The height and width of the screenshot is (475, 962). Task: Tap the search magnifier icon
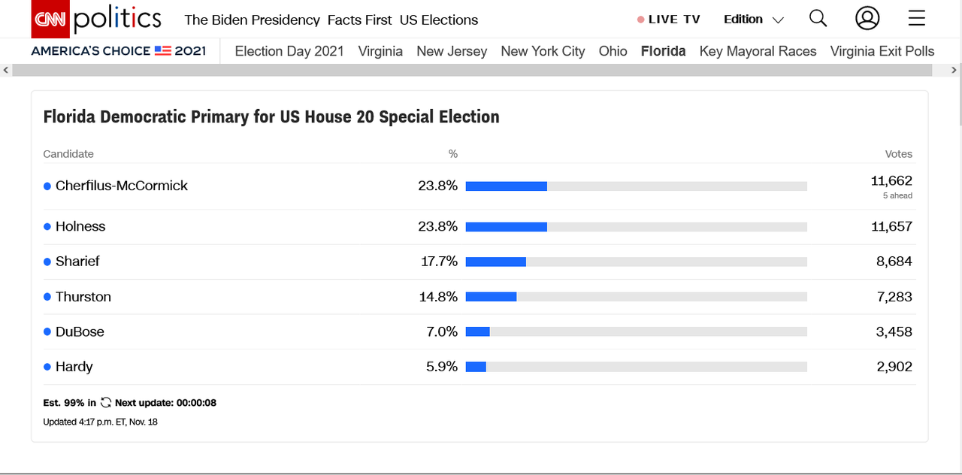tap(818, 19)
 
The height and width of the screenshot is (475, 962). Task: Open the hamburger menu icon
tap(916, 19)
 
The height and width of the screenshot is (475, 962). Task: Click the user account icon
tap(867, 19)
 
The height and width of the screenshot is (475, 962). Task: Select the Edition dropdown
tap(753, 20)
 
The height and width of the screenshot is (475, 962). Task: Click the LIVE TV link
tap(668, 20)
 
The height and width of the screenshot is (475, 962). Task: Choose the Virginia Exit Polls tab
tap(882, 51)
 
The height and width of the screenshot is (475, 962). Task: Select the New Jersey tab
tap(452, 51)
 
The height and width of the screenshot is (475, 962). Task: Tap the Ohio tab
tap(613, 51)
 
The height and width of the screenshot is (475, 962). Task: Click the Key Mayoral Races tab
tap(758, 51)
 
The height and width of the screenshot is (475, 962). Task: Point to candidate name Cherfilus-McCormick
tap(122, 186)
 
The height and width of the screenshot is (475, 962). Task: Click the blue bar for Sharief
tap(496, 262)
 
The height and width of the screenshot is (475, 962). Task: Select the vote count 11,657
tap(891, 226)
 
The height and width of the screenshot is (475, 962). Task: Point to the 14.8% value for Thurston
tap(438, 297)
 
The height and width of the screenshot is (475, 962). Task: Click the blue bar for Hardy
tap(476, 367)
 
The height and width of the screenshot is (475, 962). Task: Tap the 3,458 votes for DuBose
tap(894, 331)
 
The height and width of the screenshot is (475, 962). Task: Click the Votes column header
tap(898, 154)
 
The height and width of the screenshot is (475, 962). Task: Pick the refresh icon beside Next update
tap(106, 403)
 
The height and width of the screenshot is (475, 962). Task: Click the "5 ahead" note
tap(897, 195)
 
